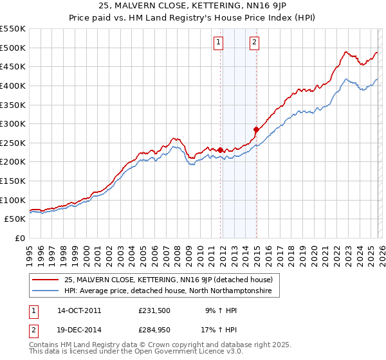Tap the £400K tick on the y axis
click(x=13, y=85)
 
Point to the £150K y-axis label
click(x=13, y=162)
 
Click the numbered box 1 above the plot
click(x=219, y=43)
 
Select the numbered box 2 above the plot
click(x=255, y=43)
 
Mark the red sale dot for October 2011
click(x=220, y=150)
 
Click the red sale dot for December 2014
click(x=256, y=129)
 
